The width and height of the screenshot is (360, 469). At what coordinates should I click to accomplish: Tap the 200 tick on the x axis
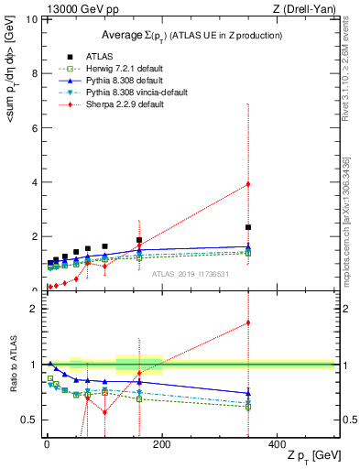coord(161,444)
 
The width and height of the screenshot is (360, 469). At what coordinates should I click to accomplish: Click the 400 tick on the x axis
coord(277,444)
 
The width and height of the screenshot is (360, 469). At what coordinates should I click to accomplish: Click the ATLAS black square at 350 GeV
coord(248,227)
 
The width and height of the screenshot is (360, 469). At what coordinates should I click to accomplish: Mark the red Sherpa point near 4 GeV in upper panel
coord(248,184)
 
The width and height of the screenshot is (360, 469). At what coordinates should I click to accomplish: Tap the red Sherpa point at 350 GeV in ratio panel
coord(248,322)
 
